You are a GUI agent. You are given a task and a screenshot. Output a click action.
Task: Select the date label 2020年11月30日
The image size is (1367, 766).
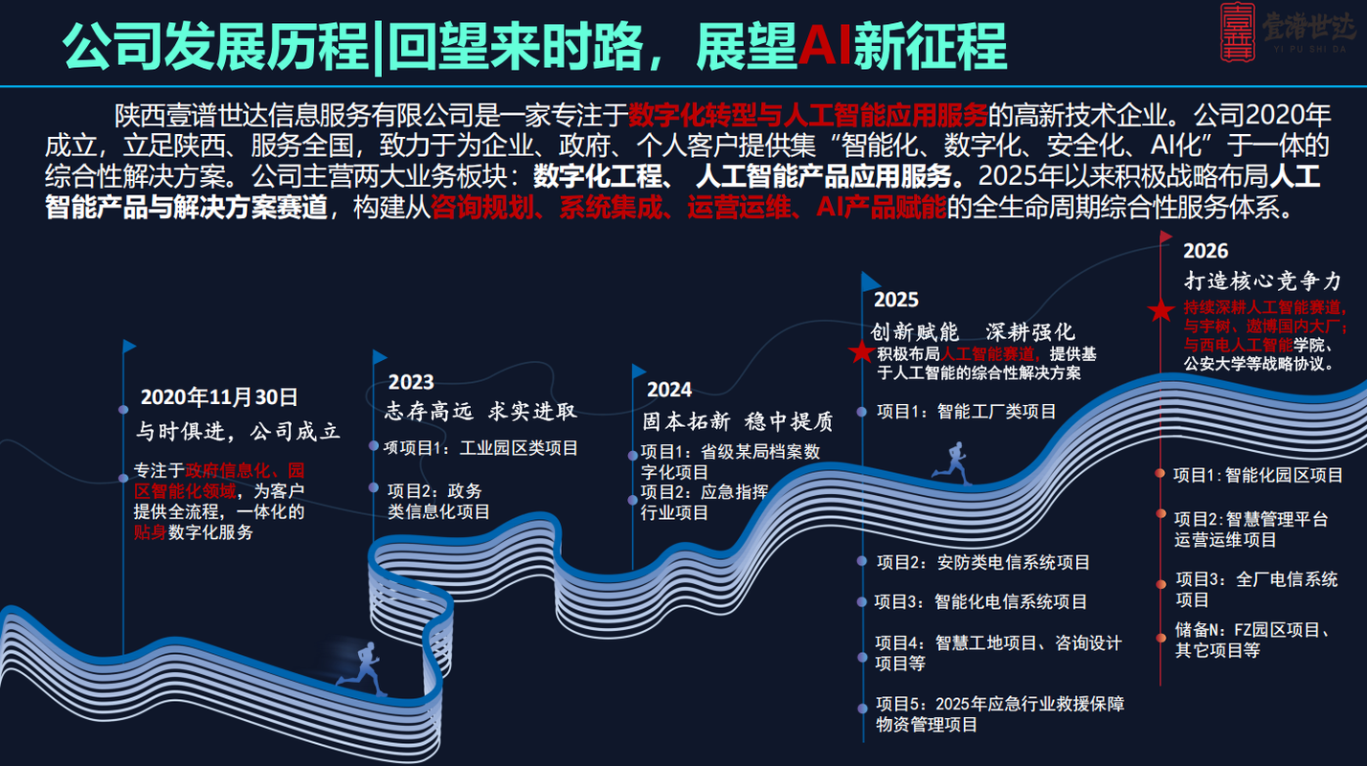pos(220,397)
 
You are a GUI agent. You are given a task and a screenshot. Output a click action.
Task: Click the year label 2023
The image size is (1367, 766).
pos(411,382)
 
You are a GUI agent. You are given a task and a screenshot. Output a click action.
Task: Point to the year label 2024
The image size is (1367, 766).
pos(669,390)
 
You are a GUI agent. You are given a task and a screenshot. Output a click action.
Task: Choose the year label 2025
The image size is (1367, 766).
pos(896,300)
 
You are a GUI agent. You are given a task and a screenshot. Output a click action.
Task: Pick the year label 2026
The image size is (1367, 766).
pos(1205,251)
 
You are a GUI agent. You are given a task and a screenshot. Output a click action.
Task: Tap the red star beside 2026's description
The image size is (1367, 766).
pos(1161,310)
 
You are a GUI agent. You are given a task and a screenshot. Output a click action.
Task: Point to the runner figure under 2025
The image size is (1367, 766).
pos(952,462)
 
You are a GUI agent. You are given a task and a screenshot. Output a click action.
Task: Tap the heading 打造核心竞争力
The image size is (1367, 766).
pos(1263,282)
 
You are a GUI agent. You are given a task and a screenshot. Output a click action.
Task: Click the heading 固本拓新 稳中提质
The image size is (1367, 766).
pos(737,421)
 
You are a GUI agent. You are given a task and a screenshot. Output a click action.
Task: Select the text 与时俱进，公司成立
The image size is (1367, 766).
pos(237,431)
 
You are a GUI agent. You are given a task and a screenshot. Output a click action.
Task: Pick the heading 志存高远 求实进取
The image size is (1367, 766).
pos(482,412)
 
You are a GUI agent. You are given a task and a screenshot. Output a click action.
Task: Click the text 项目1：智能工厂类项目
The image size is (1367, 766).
pos(967,412)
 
